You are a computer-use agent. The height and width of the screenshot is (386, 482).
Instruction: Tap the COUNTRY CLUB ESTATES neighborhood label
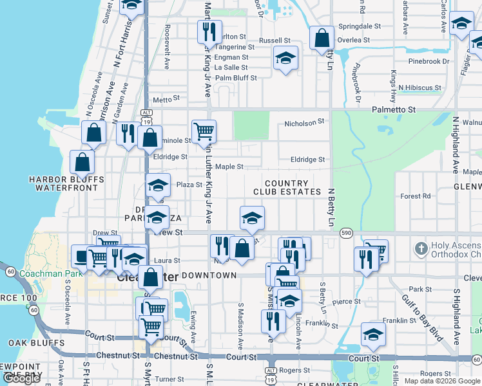coord(287,188)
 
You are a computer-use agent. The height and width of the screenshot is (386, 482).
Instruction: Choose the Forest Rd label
coord(415,196)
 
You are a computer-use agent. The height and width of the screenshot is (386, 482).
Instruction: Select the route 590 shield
coord(346,232)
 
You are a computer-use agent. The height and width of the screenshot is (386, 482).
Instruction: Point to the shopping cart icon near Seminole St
coord(204,131)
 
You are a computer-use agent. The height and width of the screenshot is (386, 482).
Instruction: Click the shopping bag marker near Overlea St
coord(321,38)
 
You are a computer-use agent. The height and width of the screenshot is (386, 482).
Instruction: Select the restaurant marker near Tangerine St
coord(209,32)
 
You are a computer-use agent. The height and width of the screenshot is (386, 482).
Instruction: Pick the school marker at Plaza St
coord(157,186)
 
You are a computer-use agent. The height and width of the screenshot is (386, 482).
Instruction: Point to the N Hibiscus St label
coord(419,87)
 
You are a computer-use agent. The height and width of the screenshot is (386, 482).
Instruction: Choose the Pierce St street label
coord(346,301)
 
